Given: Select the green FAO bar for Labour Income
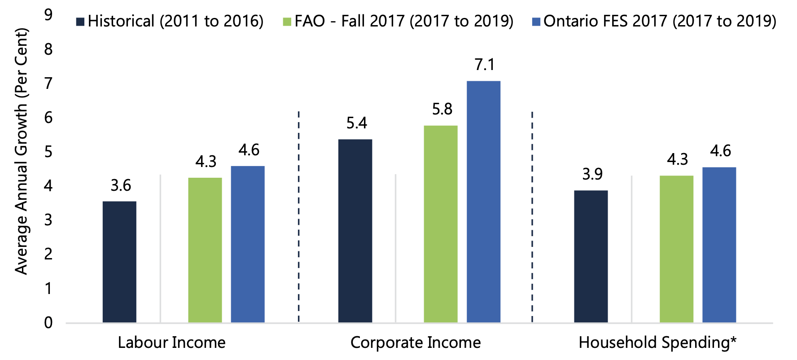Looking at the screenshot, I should point(205,250).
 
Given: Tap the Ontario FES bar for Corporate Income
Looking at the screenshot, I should point(483,202).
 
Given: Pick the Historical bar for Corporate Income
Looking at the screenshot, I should point(355,231).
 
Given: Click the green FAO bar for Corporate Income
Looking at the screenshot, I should point(441,224).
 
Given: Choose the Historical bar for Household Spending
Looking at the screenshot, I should point(591,256).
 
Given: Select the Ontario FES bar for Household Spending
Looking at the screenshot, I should point(719,245).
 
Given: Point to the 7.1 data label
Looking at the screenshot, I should point(485,65).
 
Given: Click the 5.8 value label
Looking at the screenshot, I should point(442,109).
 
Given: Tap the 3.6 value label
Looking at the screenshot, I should point(121,185).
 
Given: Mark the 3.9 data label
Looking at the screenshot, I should point(592,174).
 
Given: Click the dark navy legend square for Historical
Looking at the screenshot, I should point(80,22).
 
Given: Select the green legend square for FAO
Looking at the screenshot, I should point(287,22).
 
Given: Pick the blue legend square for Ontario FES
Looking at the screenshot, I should point(536,22).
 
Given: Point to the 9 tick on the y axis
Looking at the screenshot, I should point(48,15).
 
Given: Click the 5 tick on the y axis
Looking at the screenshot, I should point(48,152).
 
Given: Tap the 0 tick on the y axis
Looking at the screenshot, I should point(48,323).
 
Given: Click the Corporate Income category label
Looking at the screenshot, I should point(416,342).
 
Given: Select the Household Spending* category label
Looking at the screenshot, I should point(657,342).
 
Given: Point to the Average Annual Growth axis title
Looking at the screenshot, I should point(21,151).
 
